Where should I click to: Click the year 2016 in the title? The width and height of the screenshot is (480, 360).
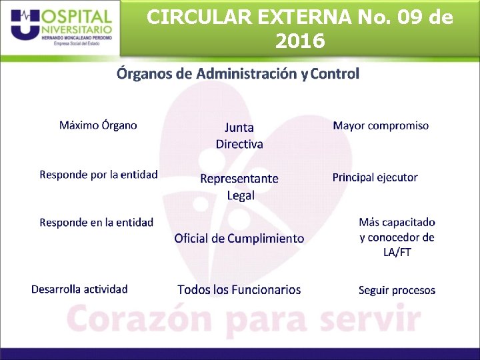click(x=299, y=41)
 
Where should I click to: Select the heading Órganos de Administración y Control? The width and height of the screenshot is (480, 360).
click(x=238, y=73)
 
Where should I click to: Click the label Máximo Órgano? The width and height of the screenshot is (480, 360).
click(x=98, y=125)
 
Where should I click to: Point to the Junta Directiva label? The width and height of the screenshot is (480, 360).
click(x=239, y=135)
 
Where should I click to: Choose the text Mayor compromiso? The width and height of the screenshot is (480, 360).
click(x=381, y=125)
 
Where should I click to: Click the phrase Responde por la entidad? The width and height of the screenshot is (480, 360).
click(x=99, y=175)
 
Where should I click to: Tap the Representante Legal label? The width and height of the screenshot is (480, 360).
click(x=239, y=187)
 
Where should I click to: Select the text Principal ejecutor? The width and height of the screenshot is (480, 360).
click(x=375, y=177)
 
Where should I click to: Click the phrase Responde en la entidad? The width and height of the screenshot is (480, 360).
click(x=96, y=223)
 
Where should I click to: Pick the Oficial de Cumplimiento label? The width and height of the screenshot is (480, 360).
click(x=239, y=239)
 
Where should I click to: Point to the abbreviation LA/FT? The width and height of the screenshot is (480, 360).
click(x=397, y=253)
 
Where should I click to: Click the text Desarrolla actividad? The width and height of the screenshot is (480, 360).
click(x=79, y=289)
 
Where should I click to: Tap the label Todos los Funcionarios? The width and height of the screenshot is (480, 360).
click(x=239, y=290)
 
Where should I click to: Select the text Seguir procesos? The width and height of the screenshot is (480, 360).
click(x=397, y=291)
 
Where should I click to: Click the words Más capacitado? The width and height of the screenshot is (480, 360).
click(x=397, y=222)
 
